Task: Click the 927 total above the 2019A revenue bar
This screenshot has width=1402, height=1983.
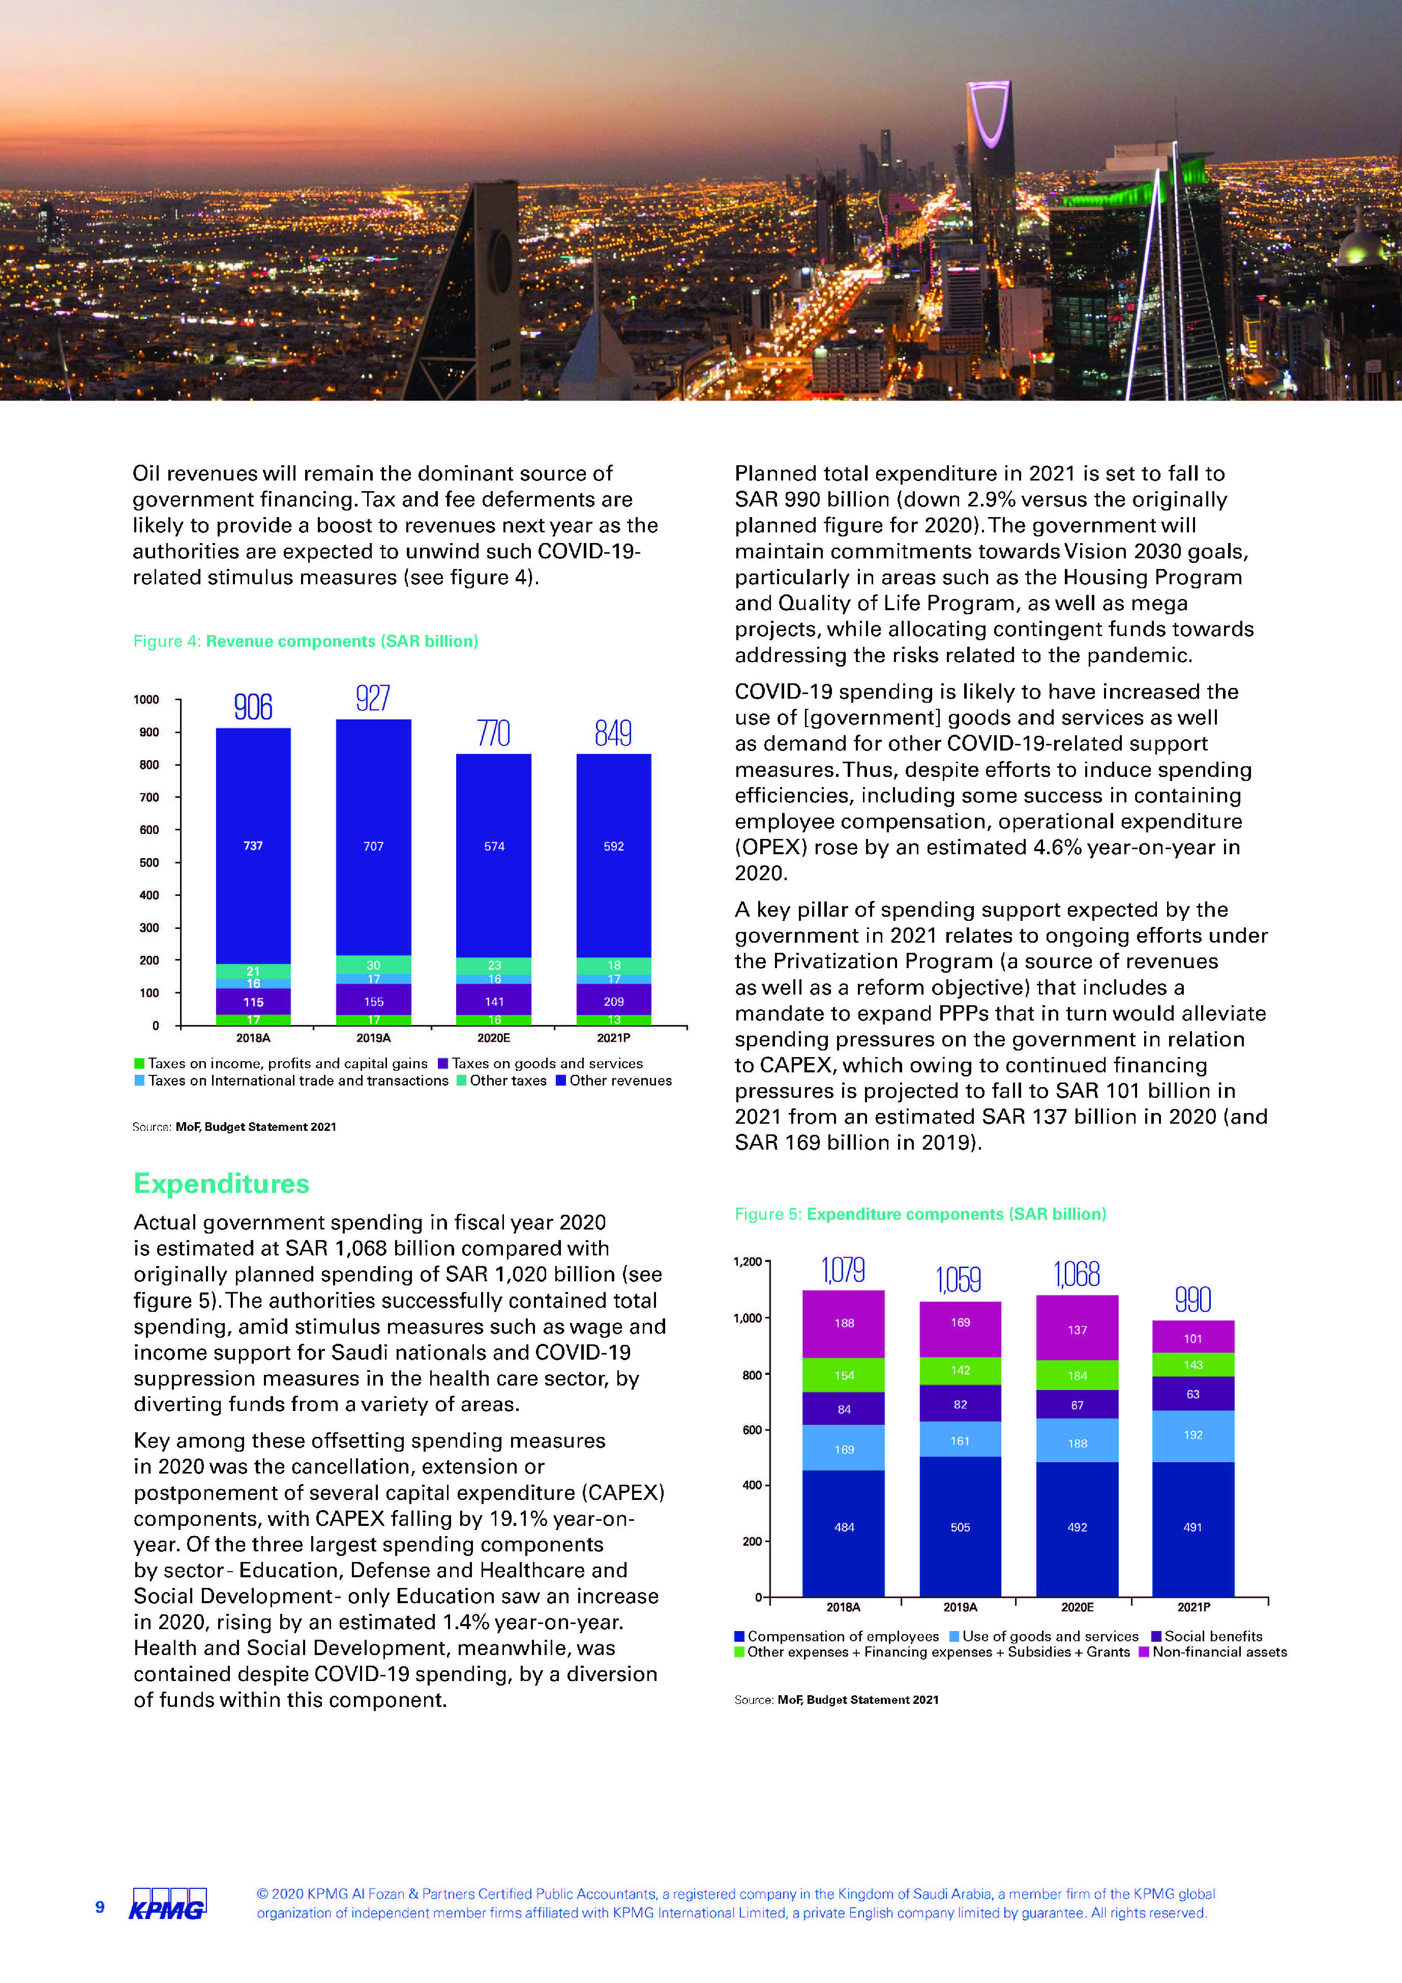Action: [373, 698]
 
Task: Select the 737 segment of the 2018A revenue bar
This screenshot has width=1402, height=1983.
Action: [253, 846]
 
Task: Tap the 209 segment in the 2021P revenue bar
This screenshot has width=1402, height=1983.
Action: [613, 1002]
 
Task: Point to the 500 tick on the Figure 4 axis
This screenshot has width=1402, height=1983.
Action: [150, 862]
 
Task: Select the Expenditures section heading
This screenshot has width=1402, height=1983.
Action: [221, 1183]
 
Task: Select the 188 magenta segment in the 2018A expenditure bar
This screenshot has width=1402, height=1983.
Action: [844, 1323]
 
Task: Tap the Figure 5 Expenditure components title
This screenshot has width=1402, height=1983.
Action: [920, 1214]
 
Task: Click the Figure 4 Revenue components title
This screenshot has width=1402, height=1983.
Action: [305, 641]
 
